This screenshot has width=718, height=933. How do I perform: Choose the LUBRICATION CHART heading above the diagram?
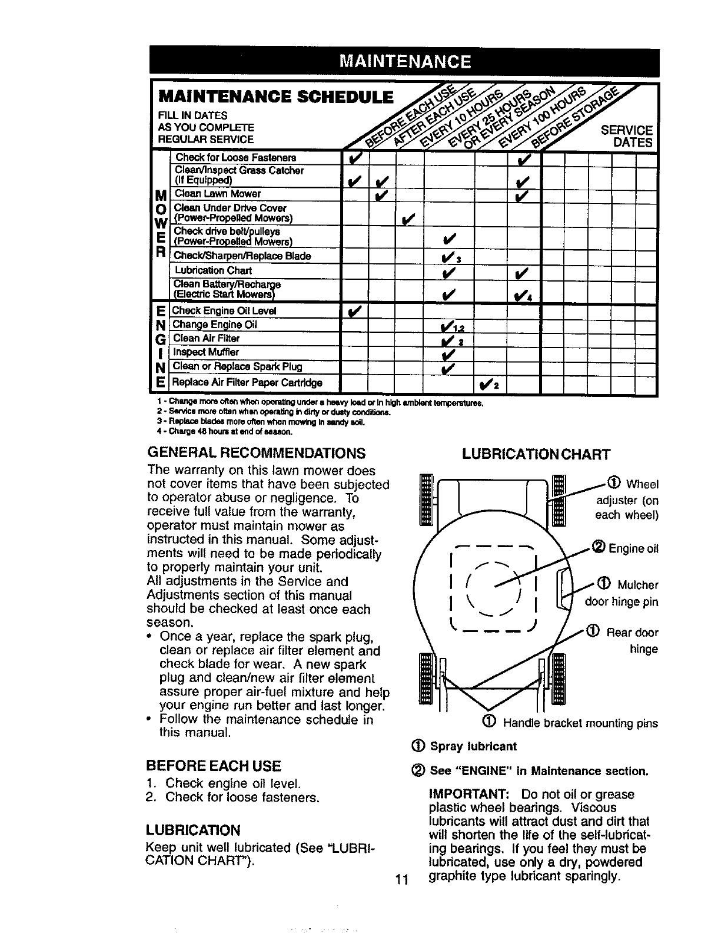tap(536, 454)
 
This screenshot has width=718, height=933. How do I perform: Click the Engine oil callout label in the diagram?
tap(627, 549)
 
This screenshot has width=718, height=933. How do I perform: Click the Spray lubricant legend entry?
tap(467, 747)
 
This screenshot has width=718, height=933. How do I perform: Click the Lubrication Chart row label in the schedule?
tap(213, 270)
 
